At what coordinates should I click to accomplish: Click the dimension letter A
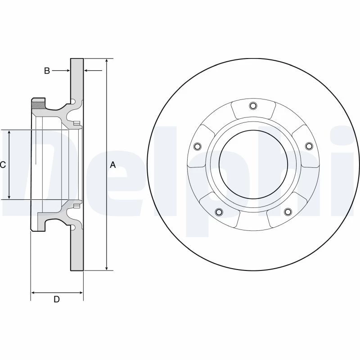(x=113, y=165)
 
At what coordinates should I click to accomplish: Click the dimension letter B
(x=47, y=71)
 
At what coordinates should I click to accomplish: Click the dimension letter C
(x=3, y=165)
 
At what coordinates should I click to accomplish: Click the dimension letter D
(x=57, y=299)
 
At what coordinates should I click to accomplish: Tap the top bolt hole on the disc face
(x=253, y=106)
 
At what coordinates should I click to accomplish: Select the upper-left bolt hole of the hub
(x=198, y=146)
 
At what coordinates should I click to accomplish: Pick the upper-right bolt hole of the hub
(x=309, y=146)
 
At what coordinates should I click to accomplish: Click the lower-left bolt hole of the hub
(x=219, y=211)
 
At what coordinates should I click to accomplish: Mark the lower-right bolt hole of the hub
(x=288, y=211)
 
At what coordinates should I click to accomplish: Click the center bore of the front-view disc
(x=253, y=164)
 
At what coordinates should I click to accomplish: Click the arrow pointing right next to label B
(x=61, y=71)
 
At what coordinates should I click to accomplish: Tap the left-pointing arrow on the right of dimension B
(x=93, y=71)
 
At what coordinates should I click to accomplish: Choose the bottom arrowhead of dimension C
(x=9, y=197)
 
